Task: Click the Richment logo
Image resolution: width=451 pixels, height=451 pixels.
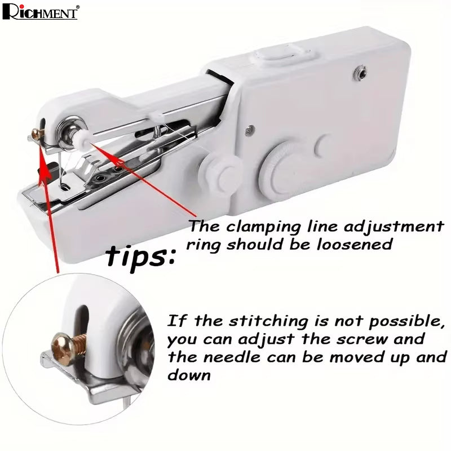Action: (x=40, y=12)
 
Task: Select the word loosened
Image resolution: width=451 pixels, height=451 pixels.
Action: (x=355, y=245)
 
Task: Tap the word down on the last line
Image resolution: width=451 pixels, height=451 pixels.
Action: (x=189, y=375)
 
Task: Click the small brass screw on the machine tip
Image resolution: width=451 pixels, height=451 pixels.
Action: (x=38, y=134)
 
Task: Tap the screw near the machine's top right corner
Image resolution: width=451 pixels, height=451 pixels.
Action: (x=360, y=73)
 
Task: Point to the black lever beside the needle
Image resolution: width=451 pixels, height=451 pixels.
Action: (x=47, y=171)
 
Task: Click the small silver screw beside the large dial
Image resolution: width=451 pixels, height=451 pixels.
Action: (x=250, y=131)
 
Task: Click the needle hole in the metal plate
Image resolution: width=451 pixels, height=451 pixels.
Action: (x=65, y=188)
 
